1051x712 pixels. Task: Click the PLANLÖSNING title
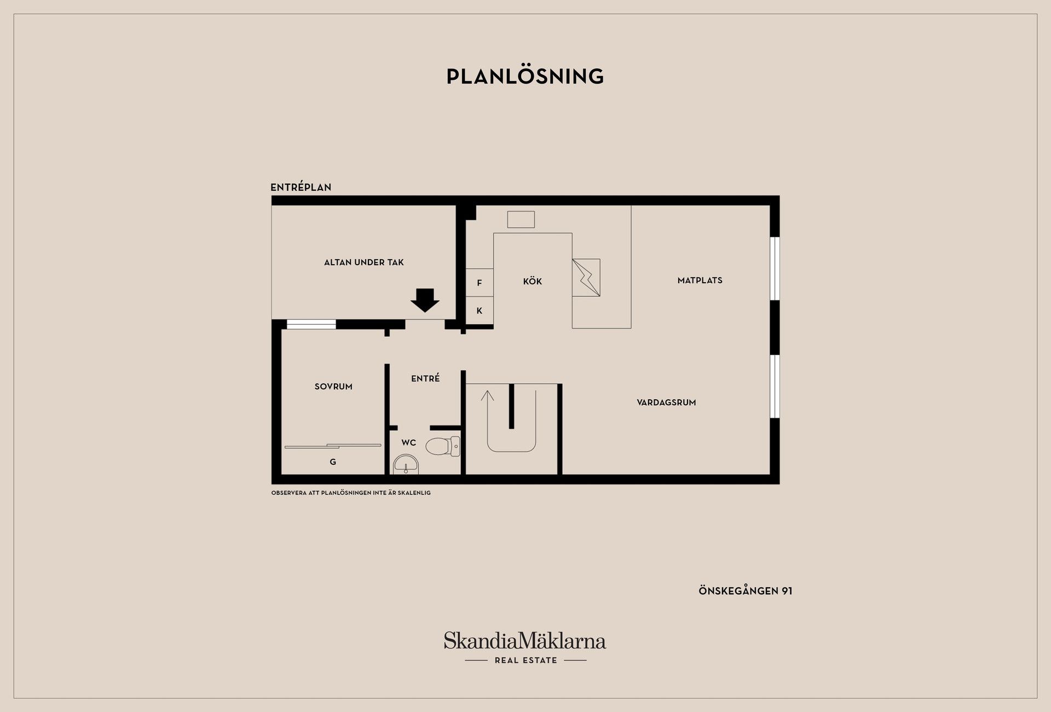coord(525,76)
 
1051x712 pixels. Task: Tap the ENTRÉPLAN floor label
coord(301,187)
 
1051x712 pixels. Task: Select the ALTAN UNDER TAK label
coord(364,262)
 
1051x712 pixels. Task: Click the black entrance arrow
coord(425,300)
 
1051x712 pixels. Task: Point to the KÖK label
coord(533,281)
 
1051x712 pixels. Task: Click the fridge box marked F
coord(480,283)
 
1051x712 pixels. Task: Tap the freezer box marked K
coord(480,311)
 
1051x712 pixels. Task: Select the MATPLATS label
coord(700,281)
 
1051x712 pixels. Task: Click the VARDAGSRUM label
coord(667,402)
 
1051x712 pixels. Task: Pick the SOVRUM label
coord(333,387)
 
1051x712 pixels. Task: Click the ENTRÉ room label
coord(425,378)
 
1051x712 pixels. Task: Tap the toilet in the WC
coord(443,446)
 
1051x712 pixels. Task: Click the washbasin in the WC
coord(406,464)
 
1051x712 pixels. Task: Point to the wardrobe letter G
coord(333,462)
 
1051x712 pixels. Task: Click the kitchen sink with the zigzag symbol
coord(586,277)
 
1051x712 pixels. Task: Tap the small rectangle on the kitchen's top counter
coord(521,219)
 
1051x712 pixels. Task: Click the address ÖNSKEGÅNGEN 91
coord(746,591)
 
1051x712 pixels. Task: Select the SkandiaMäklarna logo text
coord(525,640)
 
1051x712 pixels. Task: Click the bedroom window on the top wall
coord(311,324)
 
